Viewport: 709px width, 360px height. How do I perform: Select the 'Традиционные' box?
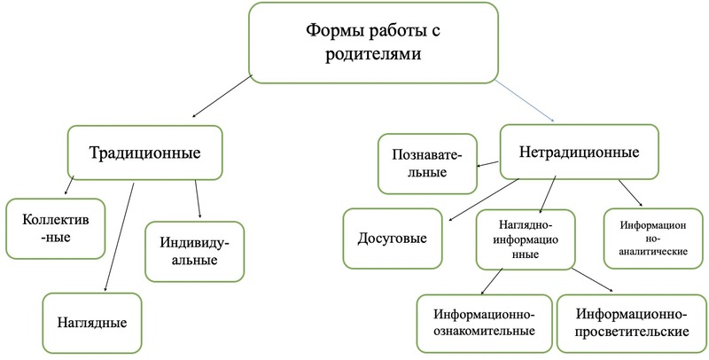coord(145,153)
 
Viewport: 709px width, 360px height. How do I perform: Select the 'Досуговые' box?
coord(392,239)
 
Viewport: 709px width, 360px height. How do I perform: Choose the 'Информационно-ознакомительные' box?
coord(483,322)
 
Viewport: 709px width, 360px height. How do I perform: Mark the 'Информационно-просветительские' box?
coord(632,322)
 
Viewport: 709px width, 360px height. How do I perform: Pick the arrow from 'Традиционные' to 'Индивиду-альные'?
coord(197,200)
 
